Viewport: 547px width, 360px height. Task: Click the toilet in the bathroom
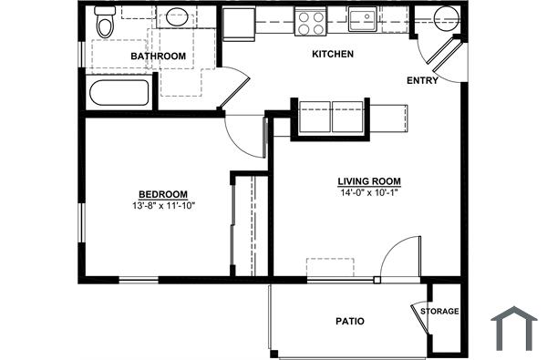pos(106,23)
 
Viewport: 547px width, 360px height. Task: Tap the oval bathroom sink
pos(175,16)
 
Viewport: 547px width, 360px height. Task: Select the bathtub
pos(119,93)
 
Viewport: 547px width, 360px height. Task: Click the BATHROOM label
pos(158,57)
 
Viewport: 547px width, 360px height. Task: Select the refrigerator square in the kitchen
pos(240,24)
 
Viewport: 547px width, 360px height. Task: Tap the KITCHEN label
pos(333,55)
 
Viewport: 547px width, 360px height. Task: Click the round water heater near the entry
pos(447,17)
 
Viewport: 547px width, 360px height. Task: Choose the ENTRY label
pos(422,80)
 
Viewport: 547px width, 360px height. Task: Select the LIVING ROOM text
pos(369,181)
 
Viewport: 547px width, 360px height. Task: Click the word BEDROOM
pos(163,194)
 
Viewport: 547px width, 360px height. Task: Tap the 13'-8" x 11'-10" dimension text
pos(163,206)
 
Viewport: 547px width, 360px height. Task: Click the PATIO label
pos(350,322)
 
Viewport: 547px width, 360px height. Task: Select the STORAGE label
pos(439,312)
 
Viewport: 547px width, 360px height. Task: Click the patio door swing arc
pos(399,257)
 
